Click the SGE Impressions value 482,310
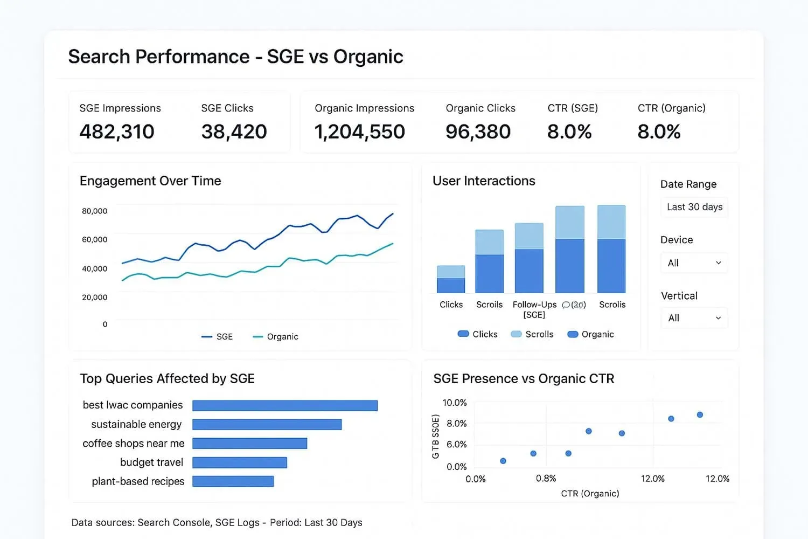117,132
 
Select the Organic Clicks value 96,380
478,132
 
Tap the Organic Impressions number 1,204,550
359,132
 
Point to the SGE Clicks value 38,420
234,132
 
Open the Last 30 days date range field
694,207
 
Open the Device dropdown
694,263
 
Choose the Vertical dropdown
694,318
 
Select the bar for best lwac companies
285,405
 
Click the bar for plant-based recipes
233,481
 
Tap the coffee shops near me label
133,444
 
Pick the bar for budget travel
240,462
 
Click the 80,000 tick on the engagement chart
94,211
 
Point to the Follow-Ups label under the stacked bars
534,305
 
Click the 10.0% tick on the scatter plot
454,403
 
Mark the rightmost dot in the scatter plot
700,415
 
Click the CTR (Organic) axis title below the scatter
590,493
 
